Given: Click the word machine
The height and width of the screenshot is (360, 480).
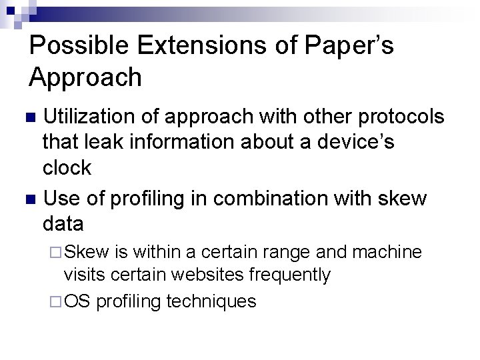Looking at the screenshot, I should coord(388,252).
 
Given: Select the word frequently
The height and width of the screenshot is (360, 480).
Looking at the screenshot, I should coord(291,274).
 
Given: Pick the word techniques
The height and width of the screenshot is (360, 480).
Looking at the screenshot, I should coord(211,301).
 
